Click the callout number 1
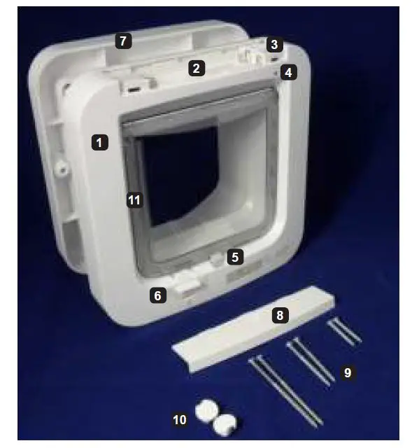tap(100, 142)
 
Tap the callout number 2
tap(197, 68)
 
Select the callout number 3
tap(274, 45)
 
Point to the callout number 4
tap(287, 71)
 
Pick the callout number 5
tap(235, 257)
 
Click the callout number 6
tap(158, 295)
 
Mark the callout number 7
tap(123, 41)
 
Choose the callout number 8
tap(280, 315)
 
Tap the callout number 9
tap(348, 373)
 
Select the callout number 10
tap(180, 419)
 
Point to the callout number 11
tap(134, 200)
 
